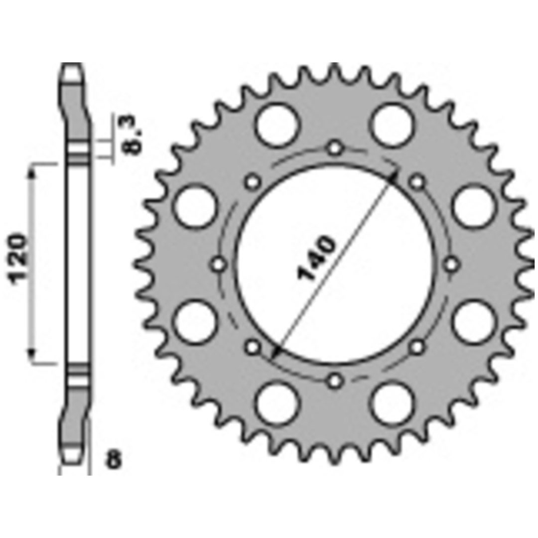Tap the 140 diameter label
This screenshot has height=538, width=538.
tap(316, 258)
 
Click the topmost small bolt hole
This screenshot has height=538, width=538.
tap(335, 148)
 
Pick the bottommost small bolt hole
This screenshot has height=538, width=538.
tap(335, 381)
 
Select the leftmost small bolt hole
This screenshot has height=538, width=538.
tap(219, 265)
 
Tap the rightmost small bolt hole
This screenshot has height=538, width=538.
tap(451, 265)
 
